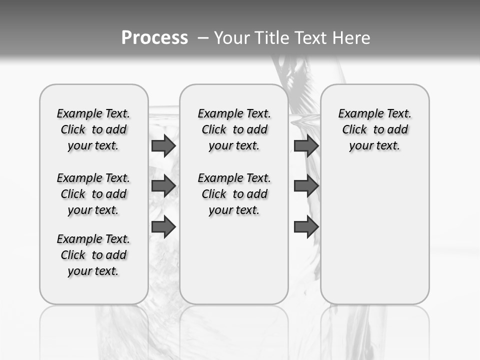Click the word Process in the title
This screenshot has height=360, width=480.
(154, 37)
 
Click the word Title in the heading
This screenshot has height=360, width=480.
(270, 38)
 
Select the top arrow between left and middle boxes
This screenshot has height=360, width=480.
(163, 146)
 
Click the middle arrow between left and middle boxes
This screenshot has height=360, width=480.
(163, 186)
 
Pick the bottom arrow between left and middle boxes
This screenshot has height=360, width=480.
(163, 227)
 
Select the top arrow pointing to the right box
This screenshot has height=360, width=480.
(306, 146)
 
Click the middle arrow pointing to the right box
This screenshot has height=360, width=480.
(306, 186)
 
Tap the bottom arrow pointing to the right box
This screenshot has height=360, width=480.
(306, 227)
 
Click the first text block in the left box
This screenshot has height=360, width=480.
(93, 129)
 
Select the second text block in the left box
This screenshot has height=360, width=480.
(93, 194)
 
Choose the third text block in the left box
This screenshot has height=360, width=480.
(93, 255)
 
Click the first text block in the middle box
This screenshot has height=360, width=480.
(234, 129)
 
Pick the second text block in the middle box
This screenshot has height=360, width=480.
(234, 194)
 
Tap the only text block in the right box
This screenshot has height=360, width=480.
(375, 129)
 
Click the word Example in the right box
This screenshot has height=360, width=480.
(358, 114)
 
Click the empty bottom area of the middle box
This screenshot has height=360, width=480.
(234, 265)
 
